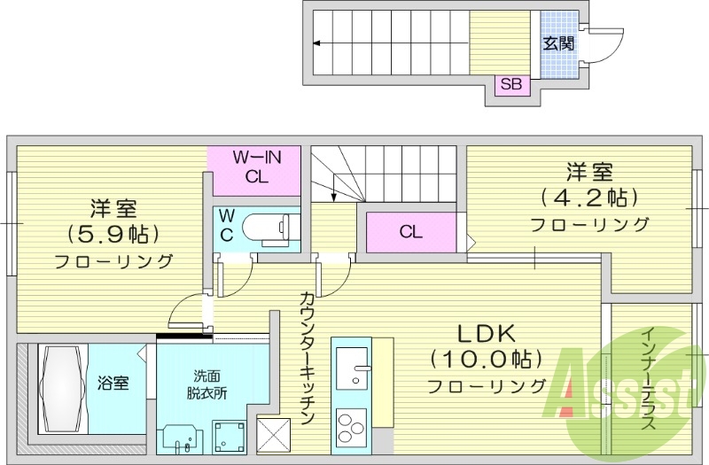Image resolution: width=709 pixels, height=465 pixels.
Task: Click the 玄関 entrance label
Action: coord(558,43)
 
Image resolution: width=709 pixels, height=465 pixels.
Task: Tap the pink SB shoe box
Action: coord(511,85)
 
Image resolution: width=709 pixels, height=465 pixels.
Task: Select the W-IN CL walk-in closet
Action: coord(256,167)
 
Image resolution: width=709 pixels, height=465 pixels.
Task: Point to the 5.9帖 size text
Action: coord(113,235)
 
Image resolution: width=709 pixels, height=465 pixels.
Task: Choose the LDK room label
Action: coord(486,334)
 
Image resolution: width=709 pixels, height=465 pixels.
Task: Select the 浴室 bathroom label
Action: coord(113,384)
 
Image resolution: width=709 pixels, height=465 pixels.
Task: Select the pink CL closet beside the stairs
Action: coord(410,233)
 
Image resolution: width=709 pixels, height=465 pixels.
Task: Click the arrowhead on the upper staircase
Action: coord(317,43)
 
